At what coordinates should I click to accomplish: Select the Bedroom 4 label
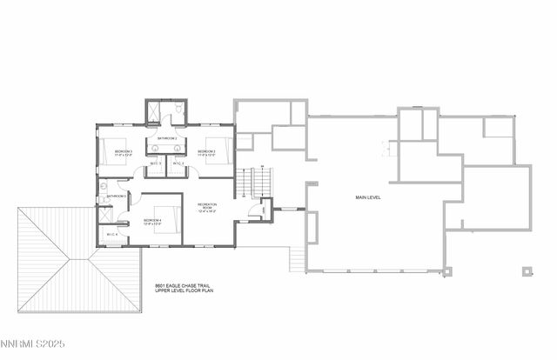click(x=153, y=221)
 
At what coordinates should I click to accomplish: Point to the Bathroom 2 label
click(x=167, y=139)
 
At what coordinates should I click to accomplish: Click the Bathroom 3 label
click(x=117, y=197)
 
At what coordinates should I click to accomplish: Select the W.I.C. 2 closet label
click(x=178, y=163)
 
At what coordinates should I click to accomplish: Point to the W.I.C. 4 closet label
click(x=112, y=234)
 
